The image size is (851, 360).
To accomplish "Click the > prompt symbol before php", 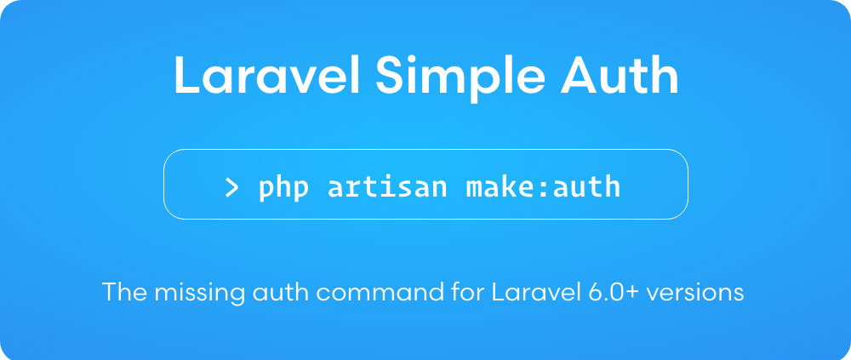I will pyautogui.click(x=231, y=186).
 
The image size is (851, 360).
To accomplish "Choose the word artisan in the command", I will pyautogui.click(x=388, y=186).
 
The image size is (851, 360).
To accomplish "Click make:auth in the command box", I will pyautogui.click(x=543, y=186).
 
